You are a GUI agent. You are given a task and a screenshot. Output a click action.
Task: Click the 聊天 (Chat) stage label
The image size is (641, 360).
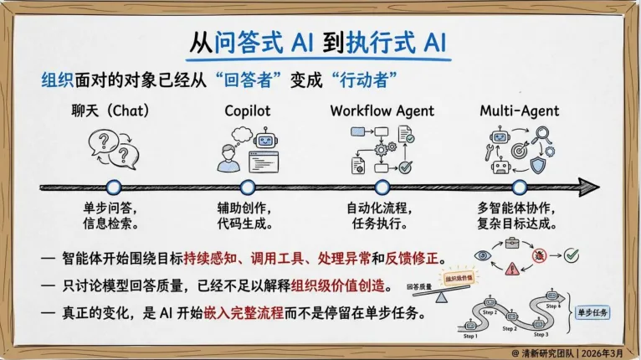tap(113, 110)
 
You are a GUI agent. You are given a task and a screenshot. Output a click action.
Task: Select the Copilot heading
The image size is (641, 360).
tap(247, 110)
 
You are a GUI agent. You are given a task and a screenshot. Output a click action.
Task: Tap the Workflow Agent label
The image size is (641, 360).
tap(382, 110)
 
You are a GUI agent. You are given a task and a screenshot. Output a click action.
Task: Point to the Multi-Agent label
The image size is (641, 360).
tap(520, 110)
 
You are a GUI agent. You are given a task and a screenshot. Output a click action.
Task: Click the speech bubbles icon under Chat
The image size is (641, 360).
tap(114, 151)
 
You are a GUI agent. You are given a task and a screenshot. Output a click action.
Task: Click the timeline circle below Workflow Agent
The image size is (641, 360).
tap(382, 187)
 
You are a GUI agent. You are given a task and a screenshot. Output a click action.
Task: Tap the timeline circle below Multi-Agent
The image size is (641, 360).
tap(520, 187)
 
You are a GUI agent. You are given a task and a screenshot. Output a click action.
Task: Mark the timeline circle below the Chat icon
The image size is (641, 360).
tap(114, 187)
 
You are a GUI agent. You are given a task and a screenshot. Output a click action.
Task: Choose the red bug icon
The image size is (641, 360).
tap(539, 255)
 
